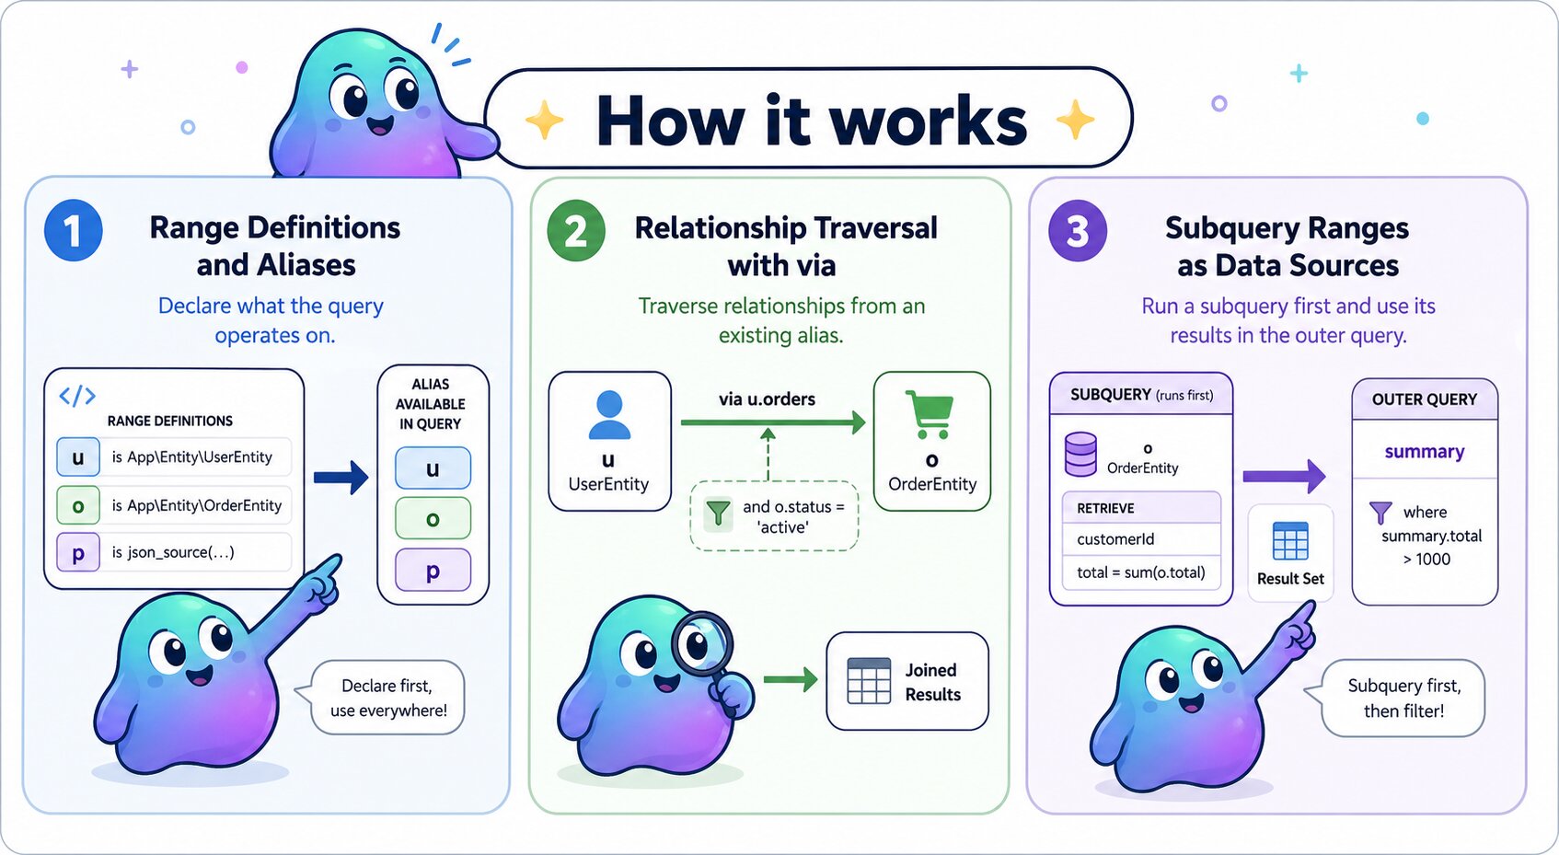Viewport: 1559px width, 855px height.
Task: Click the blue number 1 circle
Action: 73,230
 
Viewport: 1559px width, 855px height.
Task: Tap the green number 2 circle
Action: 576,230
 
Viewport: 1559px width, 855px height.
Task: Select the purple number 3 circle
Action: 1078,230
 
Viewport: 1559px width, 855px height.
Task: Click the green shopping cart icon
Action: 929,414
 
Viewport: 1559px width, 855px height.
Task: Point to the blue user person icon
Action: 609,415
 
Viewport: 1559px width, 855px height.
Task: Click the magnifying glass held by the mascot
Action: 701,642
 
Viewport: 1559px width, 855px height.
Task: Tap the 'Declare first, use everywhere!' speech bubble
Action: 388,698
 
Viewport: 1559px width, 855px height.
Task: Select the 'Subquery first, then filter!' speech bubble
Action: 1403,698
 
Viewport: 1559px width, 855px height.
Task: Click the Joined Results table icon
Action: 868,681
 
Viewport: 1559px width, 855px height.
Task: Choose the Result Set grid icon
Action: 1290,541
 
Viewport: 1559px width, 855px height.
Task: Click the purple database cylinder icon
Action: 1080,454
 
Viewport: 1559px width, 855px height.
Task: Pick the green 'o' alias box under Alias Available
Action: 433,519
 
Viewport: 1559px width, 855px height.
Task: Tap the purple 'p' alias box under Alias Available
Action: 433,571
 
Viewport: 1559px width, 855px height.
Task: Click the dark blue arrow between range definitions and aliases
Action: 341,477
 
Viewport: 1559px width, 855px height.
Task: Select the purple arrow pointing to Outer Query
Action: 1284,476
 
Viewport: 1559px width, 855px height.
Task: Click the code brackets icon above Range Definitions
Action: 77,396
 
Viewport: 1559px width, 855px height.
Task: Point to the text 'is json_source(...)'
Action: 173,552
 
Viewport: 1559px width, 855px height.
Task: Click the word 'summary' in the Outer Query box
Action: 1424,452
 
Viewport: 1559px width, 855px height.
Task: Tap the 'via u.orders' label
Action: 767,399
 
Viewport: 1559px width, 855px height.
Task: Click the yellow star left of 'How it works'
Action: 544,121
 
